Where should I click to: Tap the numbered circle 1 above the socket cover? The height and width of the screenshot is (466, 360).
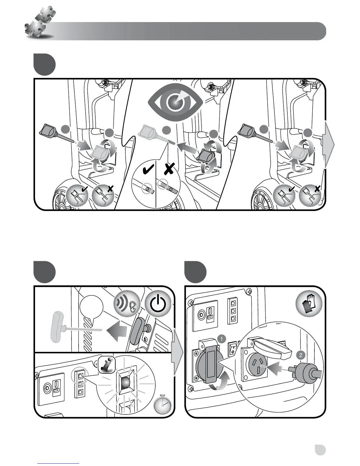221,339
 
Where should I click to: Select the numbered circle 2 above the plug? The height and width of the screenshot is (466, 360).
300,355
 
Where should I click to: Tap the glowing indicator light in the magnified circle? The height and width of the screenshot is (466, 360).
126,384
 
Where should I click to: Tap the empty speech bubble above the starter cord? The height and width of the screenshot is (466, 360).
91,307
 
